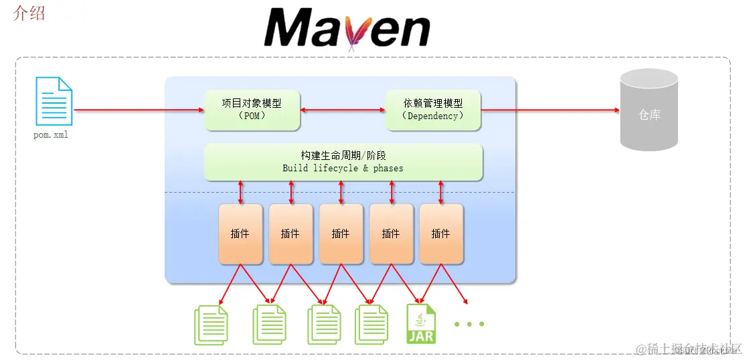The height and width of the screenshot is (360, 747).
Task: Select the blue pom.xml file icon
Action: pos(54,102)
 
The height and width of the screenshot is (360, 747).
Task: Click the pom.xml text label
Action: pos(51,135)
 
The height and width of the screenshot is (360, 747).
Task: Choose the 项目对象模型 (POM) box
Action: pos(252,110)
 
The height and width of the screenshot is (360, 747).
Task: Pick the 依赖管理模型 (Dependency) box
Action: pos(432,110)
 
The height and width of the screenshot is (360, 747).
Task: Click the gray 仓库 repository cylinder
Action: pos(649,110)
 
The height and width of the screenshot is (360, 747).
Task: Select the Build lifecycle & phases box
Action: pos(343,162)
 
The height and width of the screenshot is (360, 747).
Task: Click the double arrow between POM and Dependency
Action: pos(342,109)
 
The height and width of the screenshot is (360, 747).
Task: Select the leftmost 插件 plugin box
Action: pos(240,234)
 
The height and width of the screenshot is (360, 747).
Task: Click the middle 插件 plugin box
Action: pos(341,234)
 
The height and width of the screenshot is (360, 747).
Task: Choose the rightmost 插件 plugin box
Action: pos(440,234)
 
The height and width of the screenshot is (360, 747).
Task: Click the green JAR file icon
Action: pos(421,324)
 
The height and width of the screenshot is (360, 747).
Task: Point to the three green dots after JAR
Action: pos(469,325)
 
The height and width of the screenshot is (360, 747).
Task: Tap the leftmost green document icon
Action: pos(211,325)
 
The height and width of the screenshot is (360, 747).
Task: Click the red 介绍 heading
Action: pos(29,13)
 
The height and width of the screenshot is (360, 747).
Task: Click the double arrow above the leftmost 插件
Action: pos(241,192)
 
